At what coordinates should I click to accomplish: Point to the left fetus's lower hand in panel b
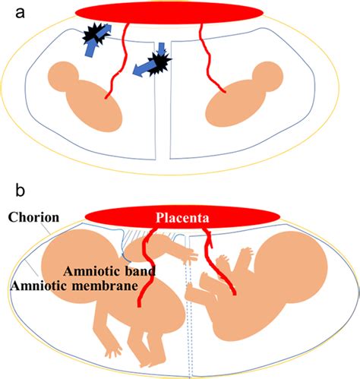(x=112, y=352)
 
